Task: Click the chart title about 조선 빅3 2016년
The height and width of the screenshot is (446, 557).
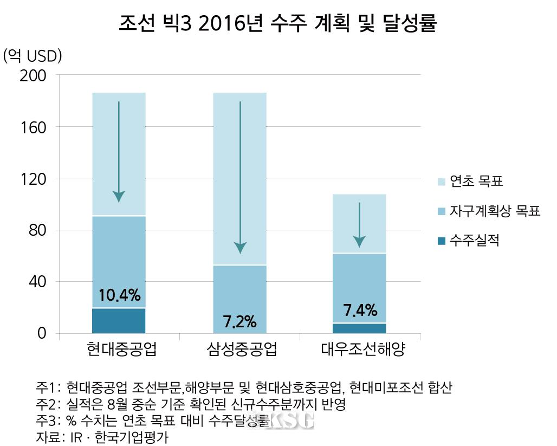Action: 277,24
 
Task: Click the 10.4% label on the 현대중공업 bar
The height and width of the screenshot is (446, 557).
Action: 119,296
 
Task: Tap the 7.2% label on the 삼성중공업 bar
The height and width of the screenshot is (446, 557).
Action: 239,322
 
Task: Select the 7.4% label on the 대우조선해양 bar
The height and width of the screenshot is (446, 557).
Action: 360,311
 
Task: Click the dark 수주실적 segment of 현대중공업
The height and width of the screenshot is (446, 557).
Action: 119,320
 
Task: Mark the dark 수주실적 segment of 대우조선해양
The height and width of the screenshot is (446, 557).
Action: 360,328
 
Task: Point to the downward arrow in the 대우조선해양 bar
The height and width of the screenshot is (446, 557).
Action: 359,225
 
